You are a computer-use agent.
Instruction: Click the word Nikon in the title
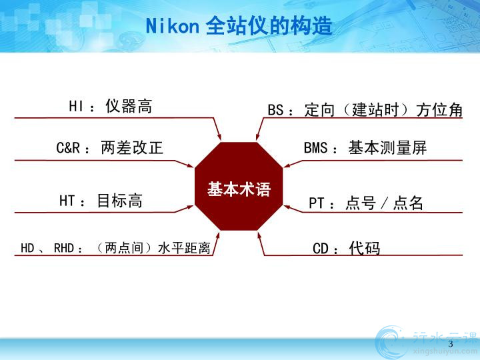pyautogui.click(x=173, y=26)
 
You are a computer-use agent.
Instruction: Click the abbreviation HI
pyautogui.click(x=76, y=107)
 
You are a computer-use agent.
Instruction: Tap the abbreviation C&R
pyautogui.click(x=68, y=147)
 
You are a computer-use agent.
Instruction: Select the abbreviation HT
pyautogui.click(x=67, y=201)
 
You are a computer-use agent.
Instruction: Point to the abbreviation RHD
pyautogui.click(x=64, y=248)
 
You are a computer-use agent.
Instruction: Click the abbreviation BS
pyautogui.click(x=275, y=110)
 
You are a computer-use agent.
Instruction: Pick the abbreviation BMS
pyautogui.click(x=315, y=148)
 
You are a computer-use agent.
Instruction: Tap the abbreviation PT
pyautogui.click(x=316, y=203)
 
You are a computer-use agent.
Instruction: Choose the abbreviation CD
pyautogui.click(x=321, y=249)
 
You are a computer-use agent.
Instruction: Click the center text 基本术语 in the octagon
pyautogui.click(x=239, y=189)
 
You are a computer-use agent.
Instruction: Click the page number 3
pyautogui.click(x=450, y=344)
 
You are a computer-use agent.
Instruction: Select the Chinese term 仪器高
pyautogui.click(x=129, y=106)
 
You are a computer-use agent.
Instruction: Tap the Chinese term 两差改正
pyautogui.click(x=132, y=147)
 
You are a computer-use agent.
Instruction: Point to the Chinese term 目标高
pyautogui.click(x=120, y=201)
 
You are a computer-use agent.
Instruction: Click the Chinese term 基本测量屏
pyautogui.click(x=387, y=147)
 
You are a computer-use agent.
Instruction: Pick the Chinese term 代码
pyautogui.click(x=365, y=248)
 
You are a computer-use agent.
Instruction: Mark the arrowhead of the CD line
pyautogui.click(x=259, y=236)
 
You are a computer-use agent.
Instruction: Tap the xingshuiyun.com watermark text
pyautogui.click(x=445, y=351)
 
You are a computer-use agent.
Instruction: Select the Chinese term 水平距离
pyautogui.click(x=184, y=248)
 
